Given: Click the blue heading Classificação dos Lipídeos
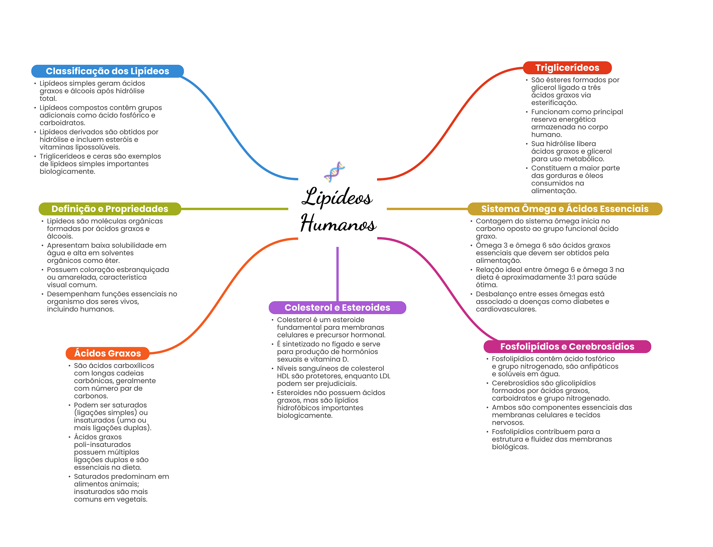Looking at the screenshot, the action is coord(108,71).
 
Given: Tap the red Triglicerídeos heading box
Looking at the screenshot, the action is coord(567,68).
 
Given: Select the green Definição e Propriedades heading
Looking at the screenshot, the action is coord(110,209).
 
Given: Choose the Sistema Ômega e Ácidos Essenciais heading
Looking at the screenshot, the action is coord(565,209).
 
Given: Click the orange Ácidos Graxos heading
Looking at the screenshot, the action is coord(108,354).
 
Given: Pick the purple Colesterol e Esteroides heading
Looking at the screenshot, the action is coord(337,307).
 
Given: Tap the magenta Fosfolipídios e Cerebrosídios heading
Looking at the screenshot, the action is coord(567,347).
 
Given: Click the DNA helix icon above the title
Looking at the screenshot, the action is coord(335,172).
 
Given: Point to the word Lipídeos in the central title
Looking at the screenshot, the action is coord(337,197).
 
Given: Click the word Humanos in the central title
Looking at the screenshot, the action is coord(338,223).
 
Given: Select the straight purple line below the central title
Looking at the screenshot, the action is coord(337,274).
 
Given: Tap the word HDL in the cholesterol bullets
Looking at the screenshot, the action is coord(283,376).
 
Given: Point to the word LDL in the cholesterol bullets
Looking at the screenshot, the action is coord(384,376).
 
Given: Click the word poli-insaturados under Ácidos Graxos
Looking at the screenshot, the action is coord(102,445).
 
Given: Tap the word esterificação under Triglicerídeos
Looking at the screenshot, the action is coord(554,103).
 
